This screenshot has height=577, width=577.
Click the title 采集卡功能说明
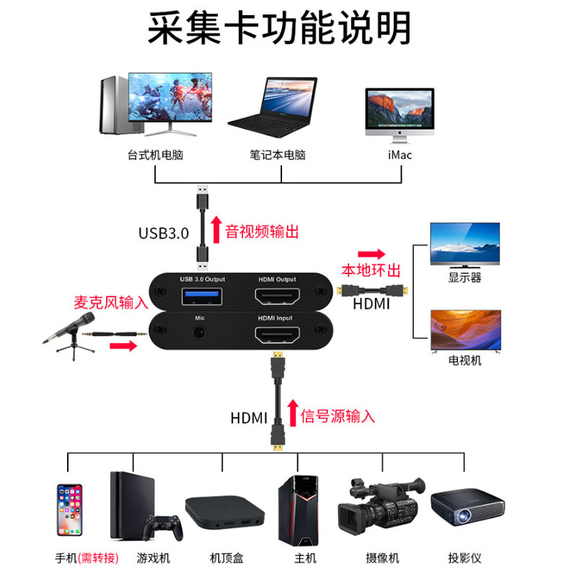(x=279, y=29)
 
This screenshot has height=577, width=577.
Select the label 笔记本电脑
(x=278, y=154)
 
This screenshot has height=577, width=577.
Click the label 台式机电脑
(x=154, y=154)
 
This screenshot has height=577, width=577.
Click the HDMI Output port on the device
(x=278, y=296)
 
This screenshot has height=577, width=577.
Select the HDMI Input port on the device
(x=278, y=335)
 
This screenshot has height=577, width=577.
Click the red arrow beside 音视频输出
(x=215, y=231)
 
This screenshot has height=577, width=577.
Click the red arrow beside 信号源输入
(x=292, y=414)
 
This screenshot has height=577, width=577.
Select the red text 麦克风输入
(x=110, y=303)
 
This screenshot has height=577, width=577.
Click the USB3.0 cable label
(x=163, y=233)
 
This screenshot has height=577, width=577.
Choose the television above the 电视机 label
(x=465, y=330)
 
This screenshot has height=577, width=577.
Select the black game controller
(x=161, y=527)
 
